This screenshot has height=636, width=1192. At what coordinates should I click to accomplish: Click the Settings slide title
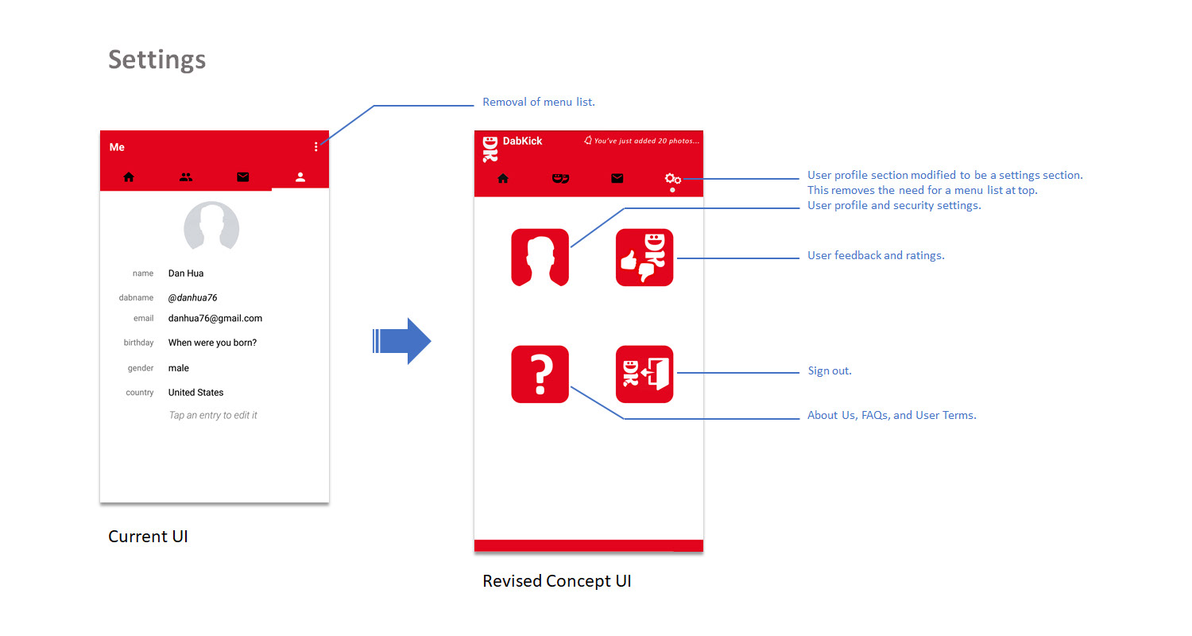[x=157, y=60]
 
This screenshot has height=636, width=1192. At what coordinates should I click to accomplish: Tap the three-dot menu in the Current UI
[x=316, y=147]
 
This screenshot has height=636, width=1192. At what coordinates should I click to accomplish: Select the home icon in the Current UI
[x=129, y=177]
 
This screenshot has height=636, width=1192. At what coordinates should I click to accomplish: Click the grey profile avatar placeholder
[x=211, y=227]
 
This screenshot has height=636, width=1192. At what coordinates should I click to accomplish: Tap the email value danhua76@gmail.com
[x=215, y=318]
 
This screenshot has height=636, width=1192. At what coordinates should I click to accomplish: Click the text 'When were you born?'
[x=212, y=343]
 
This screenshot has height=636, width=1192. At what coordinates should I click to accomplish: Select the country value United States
[x=195, y=393]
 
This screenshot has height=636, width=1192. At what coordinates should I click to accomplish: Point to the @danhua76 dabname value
[x=192, y=297]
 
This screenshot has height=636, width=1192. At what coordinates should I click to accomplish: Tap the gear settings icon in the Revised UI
[x=672, y=179]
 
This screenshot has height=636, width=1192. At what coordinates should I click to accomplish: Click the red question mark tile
[x=540, y=374]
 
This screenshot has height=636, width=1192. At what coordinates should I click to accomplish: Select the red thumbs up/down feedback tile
[x=644, y=258]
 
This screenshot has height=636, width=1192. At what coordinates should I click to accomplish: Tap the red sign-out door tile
[x=644, y=374]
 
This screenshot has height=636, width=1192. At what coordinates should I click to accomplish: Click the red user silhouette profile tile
[x=540, y=258]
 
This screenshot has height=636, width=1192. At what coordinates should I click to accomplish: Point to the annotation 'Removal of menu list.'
[x=539, y=103]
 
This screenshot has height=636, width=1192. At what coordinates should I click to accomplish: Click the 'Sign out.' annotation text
[x=829, y=371]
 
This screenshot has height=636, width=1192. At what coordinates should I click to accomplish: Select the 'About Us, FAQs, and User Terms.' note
[x=892, y=415]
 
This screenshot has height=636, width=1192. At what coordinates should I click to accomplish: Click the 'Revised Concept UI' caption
[x=556, y=581]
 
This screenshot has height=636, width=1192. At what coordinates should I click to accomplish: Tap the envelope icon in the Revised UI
[x=617, y=179]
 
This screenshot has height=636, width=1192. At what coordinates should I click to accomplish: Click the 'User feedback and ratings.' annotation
[x=876, y=256]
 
